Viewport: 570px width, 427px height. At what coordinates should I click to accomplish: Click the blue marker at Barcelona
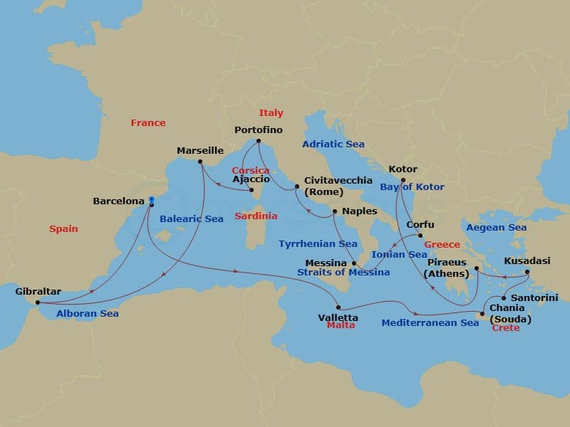point(151,201)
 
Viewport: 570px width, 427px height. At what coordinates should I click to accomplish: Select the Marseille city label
point(200,151)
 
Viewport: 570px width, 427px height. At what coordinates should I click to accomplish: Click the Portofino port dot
point(259,141)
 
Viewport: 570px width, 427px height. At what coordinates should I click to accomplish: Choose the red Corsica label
point(251,171)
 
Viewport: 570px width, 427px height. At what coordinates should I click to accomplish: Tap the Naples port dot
point(334,211)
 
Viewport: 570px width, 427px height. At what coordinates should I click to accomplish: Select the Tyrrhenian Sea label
point(318,244)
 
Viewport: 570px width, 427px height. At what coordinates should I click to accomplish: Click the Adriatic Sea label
point(333,144)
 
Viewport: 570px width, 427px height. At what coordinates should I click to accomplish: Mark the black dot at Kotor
point(403,180)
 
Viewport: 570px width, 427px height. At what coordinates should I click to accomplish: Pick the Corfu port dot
point(420,236)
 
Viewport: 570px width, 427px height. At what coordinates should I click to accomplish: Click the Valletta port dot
point(338,307)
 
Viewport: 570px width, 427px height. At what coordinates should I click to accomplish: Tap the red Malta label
point(341,325)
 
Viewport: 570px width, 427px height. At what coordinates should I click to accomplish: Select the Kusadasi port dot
point(527,272)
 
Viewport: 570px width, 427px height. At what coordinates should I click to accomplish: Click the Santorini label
point(534,297)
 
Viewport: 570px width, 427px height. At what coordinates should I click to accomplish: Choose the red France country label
point(148,123)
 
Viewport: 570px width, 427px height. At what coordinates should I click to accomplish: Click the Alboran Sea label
point(88,313)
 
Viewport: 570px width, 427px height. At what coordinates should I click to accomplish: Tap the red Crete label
point(506,328)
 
